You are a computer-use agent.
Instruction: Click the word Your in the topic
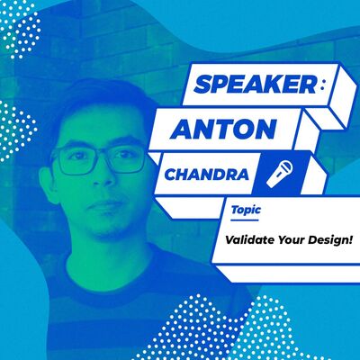point(290,241)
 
